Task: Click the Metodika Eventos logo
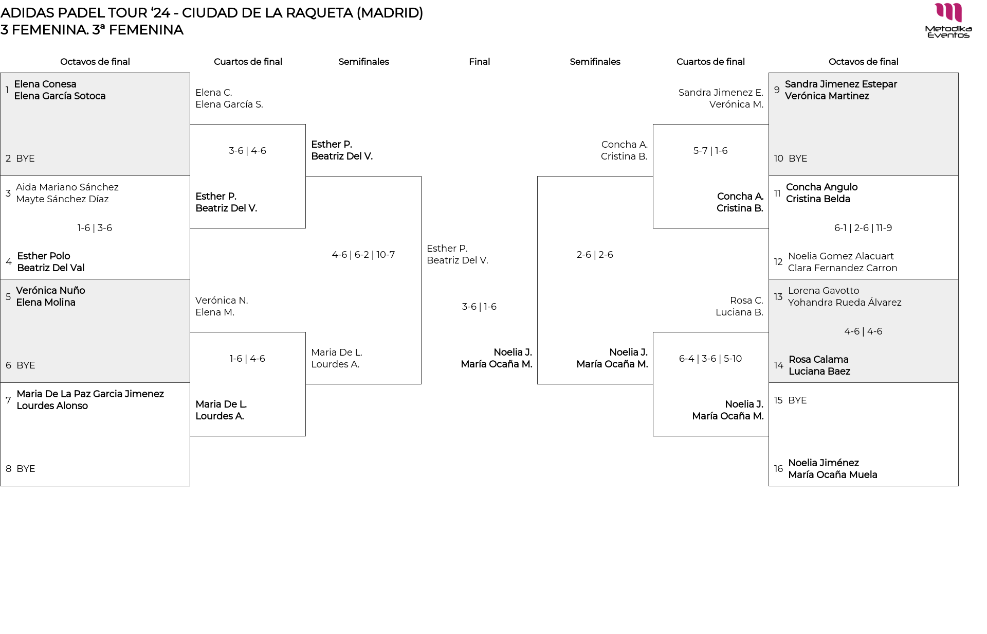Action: tap(948, 21)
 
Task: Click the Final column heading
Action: tap(479, 62)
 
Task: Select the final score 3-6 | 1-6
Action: tap(479, 307)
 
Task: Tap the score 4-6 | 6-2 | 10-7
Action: tap(363, 255)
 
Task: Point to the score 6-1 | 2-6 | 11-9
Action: tap(863, 228)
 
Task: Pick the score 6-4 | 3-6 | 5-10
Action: tap(710, 359)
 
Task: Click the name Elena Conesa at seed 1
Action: tap(45, 84)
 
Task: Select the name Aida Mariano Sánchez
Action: tap(67, 187)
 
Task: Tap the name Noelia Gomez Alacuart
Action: tap(841, 256)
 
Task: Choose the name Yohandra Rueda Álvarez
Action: tap(845, 303)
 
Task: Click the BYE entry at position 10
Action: tap(798, 158)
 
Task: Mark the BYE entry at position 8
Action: tap(26, 469)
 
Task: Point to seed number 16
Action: tap(778, 469)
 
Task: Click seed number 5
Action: tap(8, 296)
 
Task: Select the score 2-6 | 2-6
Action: tap(595, 255)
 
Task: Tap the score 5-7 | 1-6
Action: tap(710, 151)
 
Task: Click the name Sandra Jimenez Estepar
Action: tap(841, 84)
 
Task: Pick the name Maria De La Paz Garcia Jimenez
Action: tap(90, 394)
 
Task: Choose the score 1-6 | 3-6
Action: tap(95, 228)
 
